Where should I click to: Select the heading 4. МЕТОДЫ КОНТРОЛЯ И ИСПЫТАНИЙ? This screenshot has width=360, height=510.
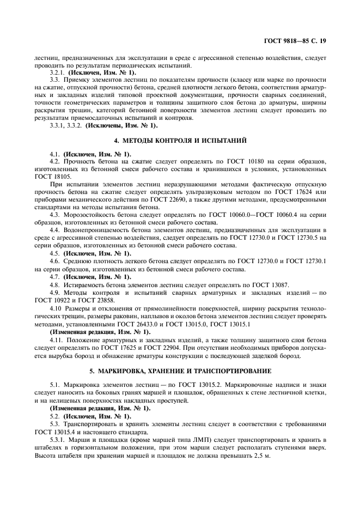180,141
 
